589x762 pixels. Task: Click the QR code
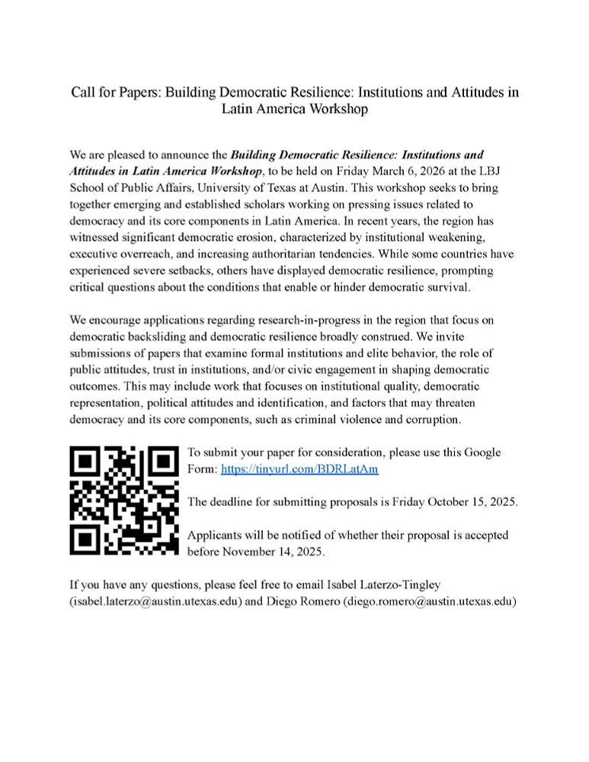tap(123, 501)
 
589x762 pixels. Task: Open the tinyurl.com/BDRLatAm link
tap(299, 469)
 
